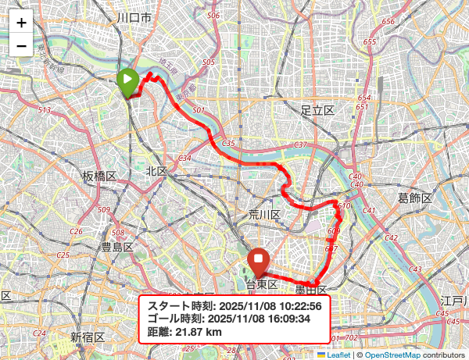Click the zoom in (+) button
tap(21, 23)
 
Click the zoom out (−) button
tap(21, 45)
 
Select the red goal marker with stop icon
tap(258, 262)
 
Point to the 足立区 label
tap(317, 111)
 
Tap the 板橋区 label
tap(99, 176)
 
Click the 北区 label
tap(156, 171)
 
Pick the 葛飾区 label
tap(414, 198)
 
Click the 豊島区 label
tap(116, 248)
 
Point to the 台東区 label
tap(262, 283)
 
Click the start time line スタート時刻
tap(234, 305)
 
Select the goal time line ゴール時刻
tap(234, 319)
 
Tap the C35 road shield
tap(228, 144)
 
